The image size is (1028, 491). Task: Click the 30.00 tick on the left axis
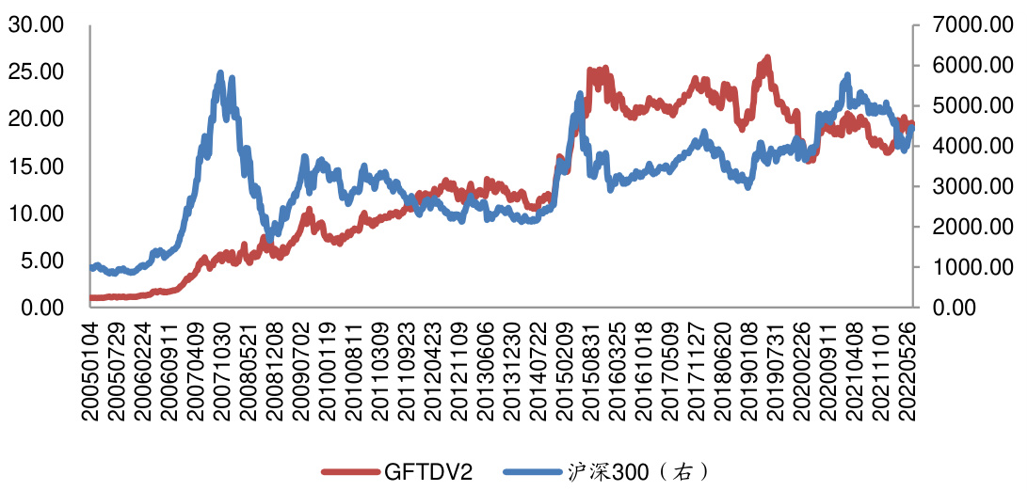pyautogui.click(x=36, y=25)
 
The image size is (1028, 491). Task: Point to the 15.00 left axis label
pyautogui.click(x=36, y=166)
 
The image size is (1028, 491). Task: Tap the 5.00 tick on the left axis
pyautogui.click(x=40, y=261)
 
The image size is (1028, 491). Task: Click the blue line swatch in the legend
pyautogui.click(x=533, y=471)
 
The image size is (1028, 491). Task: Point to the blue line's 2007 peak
pyautogui.click(x=220, y=73)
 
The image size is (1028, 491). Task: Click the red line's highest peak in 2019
pyautogui.click(x=767, y=59)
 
